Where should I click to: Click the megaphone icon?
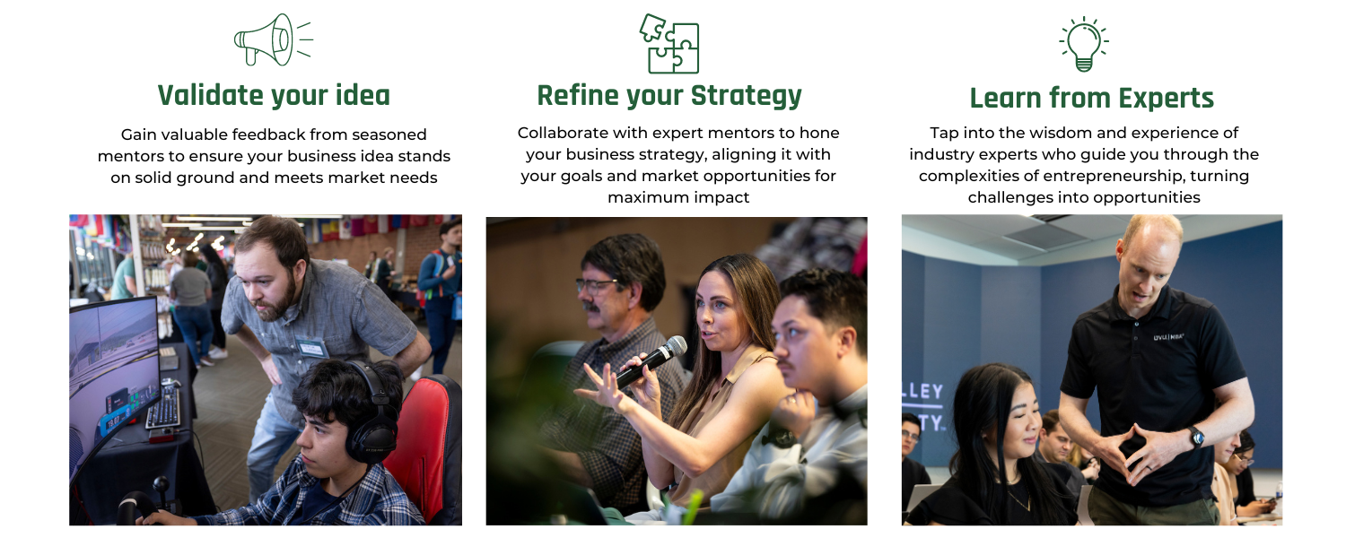tap(274, 39)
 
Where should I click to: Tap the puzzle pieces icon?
tap(669, 43)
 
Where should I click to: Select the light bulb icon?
tap(1083, 44)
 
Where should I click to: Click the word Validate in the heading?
tap(210, 95)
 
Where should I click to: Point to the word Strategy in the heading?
tap(747, 97)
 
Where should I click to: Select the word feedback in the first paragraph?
tap(269, 134)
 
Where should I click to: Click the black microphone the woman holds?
tap(651, 361)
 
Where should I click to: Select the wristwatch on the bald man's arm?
tap(1196, 437)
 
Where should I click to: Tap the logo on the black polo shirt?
tap(1167, 337)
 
